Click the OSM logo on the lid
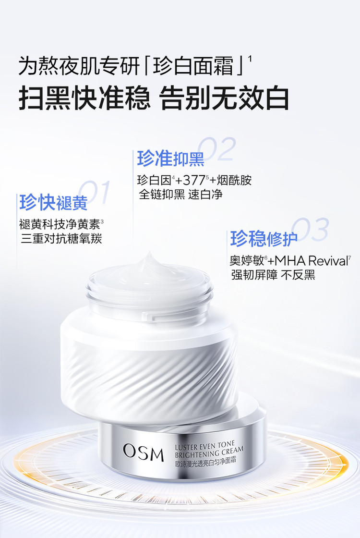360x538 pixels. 144,452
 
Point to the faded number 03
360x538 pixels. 310,229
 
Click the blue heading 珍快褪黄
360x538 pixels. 53,202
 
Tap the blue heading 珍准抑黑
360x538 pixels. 170,158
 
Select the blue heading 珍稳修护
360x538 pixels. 264,238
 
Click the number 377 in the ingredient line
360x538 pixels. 194,180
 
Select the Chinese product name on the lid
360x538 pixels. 205,462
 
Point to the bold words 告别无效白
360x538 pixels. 225,98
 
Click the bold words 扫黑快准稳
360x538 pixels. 84,98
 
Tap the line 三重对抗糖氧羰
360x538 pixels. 61,238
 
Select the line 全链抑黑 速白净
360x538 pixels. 180,195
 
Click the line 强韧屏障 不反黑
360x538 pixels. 273,275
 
